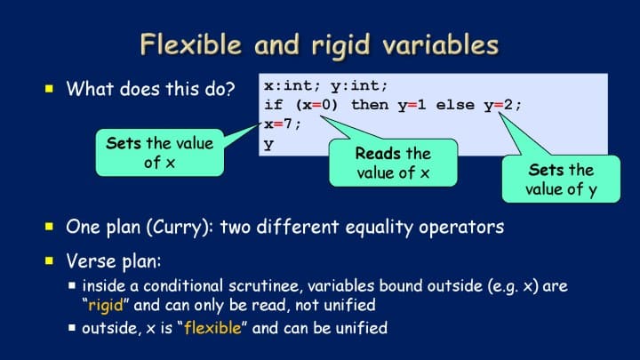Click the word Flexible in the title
coord(191,44)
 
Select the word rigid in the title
coord(340,45)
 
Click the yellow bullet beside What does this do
coord(50,89)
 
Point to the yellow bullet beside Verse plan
coord(50,260)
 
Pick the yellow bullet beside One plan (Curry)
coord(50,227)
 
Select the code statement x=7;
coord(283,124)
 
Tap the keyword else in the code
coord(456,105)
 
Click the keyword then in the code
coord(370,105)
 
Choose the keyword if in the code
coord(274,105)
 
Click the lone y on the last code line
coord(268,144)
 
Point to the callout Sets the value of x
coord(160,153)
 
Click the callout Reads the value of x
coord(393,163)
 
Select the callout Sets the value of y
coord(561,180)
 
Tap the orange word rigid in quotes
coord(106,306)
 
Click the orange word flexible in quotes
coord(212,328)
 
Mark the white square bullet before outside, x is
coord(72,327)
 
